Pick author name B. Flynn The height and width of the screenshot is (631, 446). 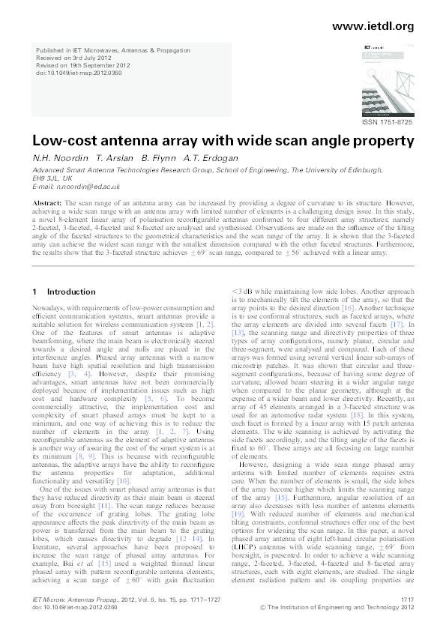[157, 158]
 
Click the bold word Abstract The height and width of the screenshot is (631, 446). [47, 203]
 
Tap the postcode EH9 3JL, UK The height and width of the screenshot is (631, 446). [52, 178]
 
